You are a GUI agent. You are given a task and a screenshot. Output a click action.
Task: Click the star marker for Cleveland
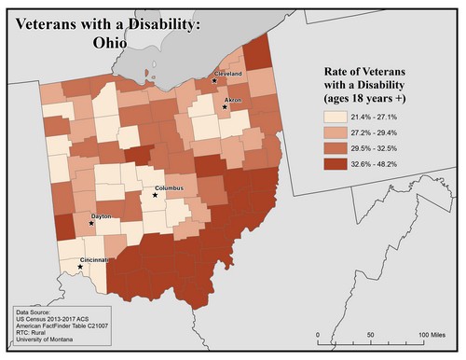click(x=213, y=80)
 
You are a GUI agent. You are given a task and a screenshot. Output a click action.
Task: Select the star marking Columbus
click(x=155, y=194)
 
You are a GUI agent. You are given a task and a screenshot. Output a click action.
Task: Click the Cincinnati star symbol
click(x=79, y=267)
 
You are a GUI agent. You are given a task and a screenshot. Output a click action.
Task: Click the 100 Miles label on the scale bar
click(x=431, y=334)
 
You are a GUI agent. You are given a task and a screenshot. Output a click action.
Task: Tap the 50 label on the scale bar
click(x=371, y=334)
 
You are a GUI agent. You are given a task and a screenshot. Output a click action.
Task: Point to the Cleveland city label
click(x=228, y=73)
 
